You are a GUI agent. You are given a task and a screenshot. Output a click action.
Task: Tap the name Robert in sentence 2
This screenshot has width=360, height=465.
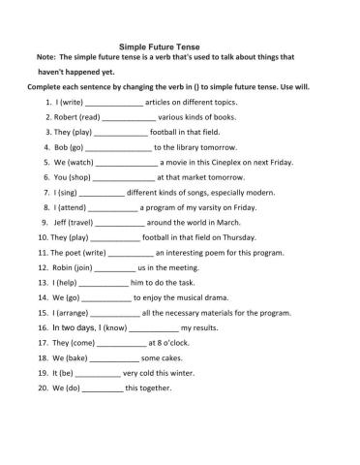click(x=58, y=116)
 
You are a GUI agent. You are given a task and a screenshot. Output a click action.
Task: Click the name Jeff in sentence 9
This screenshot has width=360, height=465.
click(x=53, y=223)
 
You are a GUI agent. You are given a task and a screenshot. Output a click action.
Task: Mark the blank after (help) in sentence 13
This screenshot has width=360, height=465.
click(x=102, y=283)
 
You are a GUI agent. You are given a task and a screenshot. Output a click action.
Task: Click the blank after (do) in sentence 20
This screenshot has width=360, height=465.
click(x=102, y=388)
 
